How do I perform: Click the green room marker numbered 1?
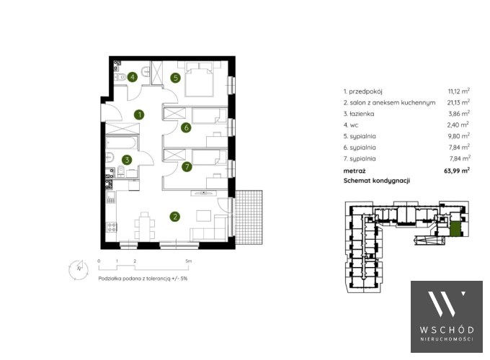[x=139, y=114]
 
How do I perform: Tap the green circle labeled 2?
[x=174, y=217]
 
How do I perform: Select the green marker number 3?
[x=127, y=160]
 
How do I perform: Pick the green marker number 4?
[x=133, y=77]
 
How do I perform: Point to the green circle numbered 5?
[x=176, y=78]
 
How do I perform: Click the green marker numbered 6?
[x=186, y=127]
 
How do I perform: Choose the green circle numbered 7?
[x=187, y=167]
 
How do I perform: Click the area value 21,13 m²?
[x=458, y=102]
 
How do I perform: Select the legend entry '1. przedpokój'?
[x=362, y=91]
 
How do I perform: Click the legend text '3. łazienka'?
[x=359, y=114]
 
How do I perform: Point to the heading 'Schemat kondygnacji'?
[x=377, y=181]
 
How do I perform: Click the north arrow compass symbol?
[x=79, y=269]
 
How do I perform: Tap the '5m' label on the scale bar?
[x=189, y=261]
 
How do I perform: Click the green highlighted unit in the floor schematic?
[x=455, y=228]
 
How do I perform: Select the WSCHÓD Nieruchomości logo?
[x=447, y=317]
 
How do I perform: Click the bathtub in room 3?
[x=121, y=143]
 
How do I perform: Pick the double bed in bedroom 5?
[x=200, y=79]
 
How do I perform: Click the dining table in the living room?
[x=145, y=226]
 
